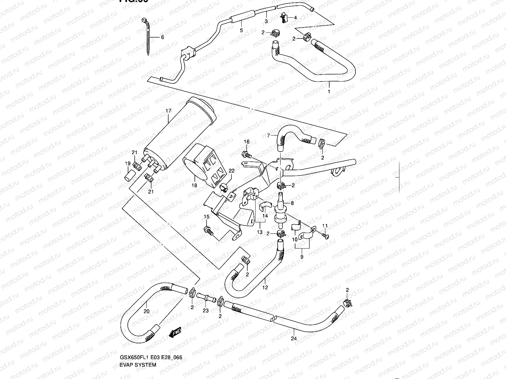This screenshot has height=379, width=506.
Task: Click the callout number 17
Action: pyautogui.click(x=168, y=111)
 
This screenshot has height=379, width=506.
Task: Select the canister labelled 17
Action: pyautogui.click(x=180, y=134)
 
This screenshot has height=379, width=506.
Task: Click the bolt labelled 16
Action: pyautogui.click(x=245, y=154)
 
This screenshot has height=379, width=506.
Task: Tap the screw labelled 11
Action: pyautogui.click(x=325, y=235)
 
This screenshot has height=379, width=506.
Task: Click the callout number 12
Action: pyautogui.click(x=265, y=287)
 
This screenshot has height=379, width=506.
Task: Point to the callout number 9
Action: pyautogui.click(x=302, y=257)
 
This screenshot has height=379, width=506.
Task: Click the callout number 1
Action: pyautogui.click(x=329, y=92)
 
